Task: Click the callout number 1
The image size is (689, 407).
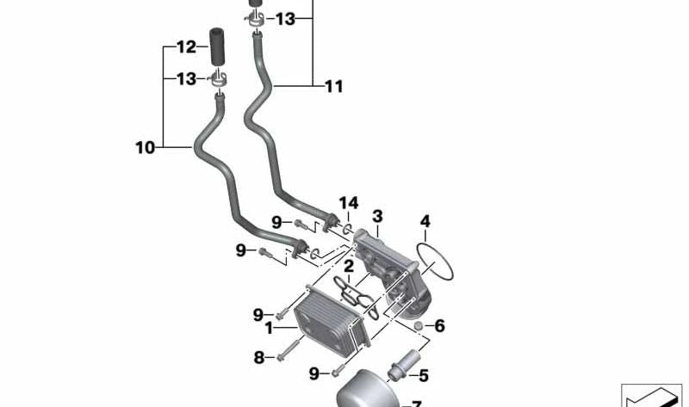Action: (x=269, y=328)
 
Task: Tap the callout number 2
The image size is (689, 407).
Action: (x=349, y=267)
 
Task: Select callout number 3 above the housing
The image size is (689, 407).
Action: (x=377, y=215)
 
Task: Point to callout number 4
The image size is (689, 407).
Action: (x=425, y=222)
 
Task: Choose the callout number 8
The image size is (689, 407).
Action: (x=258, y=357)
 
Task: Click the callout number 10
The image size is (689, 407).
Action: (x=144, y=148)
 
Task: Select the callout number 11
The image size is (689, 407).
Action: (x=333, y=86)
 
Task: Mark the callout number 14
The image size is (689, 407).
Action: (x=348, y=203)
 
